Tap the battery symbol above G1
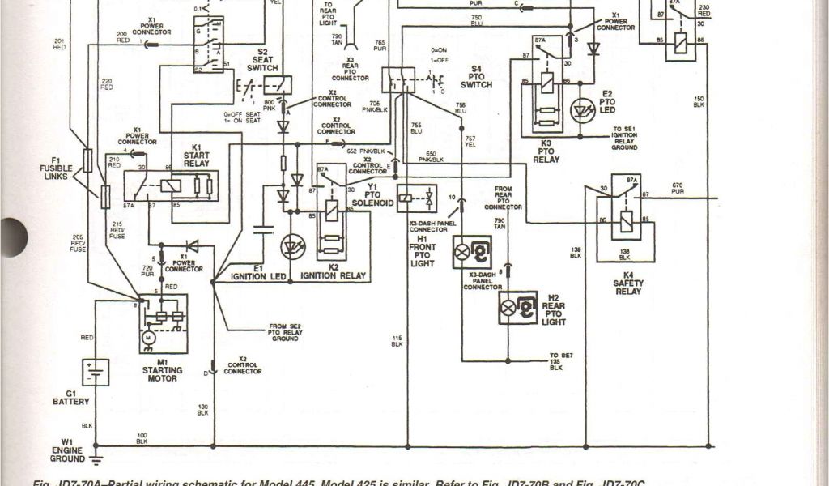click(96, 373)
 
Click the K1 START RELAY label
click(196, 158)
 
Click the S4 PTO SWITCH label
click(477, 79)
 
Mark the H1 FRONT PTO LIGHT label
click(423, 251)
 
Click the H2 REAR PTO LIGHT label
click(554, 310)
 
